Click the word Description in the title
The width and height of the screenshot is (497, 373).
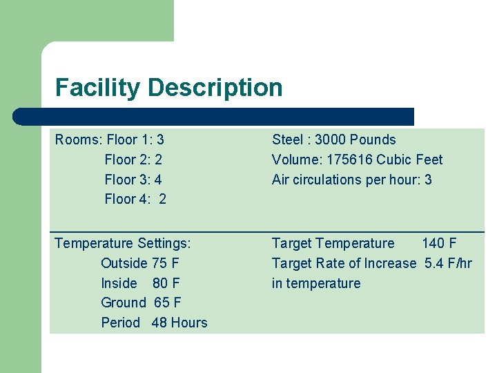[215, 88]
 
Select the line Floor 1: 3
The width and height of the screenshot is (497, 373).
[134, 140]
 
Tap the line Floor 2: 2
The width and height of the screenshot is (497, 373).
[133, 160]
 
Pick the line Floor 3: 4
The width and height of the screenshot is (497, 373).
[133, 180]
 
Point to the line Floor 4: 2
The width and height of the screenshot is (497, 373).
[135, 200]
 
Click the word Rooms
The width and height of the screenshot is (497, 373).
[77, 140]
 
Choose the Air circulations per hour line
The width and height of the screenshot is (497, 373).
[352, 180]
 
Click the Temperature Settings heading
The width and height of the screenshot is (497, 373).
[123, 243]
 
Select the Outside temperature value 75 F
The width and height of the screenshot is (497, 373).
[165, 263]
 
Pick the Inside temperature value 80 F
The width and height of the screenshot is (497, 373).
[166, 283]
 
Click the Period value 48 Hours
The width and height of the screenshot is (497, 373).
[179, 323]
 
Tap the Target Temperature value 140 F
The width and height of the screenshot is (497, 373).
[439, 243]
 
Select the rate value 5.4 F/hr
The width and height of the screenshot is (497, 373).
[448, 263]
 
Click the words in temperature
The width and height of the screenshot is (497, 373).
[316, 283]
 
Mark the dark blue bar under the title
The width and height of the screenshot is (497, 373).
[214, 117]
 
